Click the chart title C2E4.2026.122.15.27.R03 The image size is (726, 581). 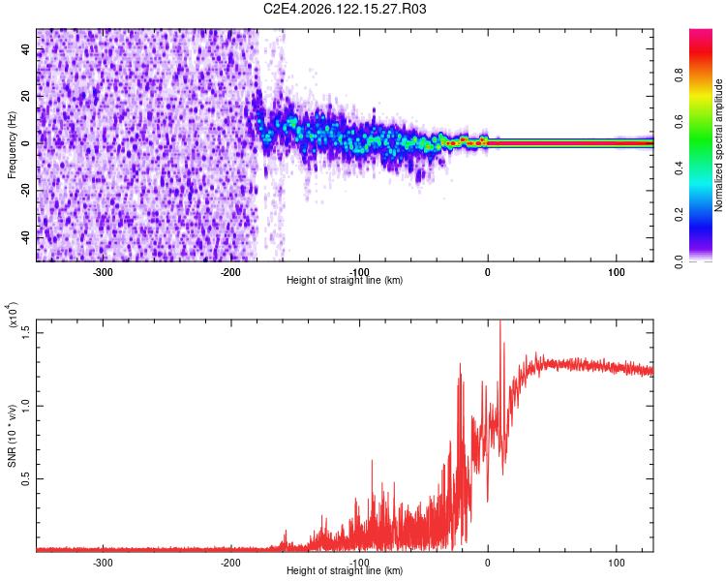(x=345, y=9)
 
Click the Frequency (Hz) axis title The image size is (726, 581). (x=12, y=145)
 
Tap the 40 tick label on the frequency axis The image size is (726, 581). (x=26, y=49)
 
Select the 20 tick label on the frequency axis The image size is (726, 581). (x=26, y=97)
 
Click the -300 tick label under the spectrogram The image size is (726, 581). (x=103, y=272)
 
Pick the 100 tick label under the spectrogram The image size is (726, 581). (x=616, y=272)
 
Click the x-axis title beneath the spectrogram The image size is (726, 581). (x=345, y=280)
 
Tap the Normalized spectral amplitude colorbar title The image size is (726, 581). (x=718, y=145)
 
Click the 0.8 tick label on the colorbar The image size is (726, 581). (x=679, y=75)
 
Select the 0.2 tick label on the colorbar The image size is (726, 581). (x=679, y=215)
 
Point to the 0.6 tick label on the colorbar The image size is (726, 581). (x=679, y=122)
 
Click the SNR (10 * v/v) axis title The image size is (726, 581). (x=12, y=436)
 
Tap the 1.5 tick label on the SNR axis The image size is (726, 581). (x=26, y=332)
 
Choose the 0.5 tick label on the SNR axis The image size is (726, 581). (x=26, y=478)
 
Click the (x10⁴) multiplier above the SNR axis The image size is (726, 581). (x=12, y=316)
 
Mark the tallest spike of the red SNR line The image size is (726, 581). (x=500, y=321)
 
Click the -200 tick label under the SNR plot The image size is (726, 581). (x=230, y=563)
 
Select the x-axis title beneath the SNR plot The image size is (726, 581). (x=345, y=570)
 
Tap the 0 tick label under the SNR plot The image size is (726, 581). (x=488, y=563)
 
